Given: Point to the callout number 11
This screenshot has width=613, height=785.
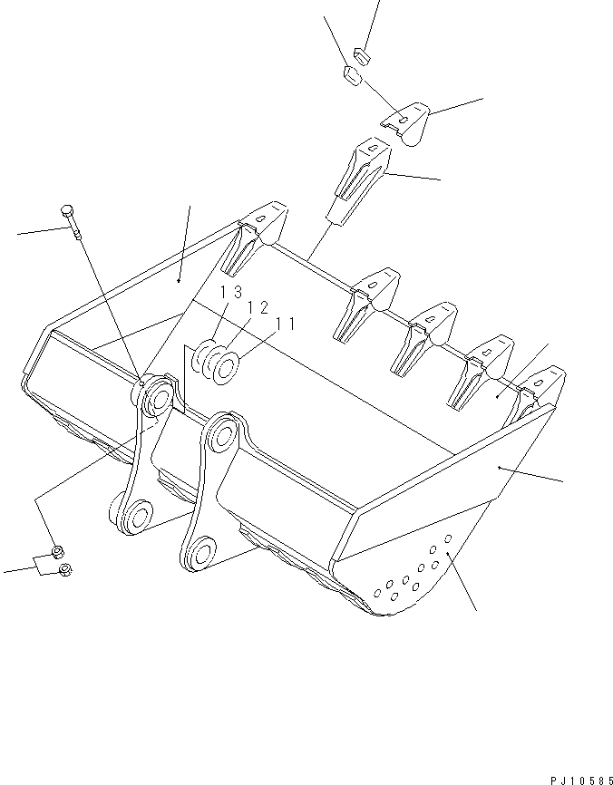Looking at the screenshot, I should tap(286, 323).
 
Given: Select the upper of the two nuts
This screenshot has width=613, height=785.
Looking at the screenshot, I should tap(56, 551).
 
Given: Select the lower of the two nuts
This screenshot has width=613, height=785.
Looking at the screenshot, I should tap(65, 569).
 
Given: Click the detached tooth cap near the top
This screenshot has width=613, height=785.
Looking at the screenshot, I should tap(407, 123).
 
